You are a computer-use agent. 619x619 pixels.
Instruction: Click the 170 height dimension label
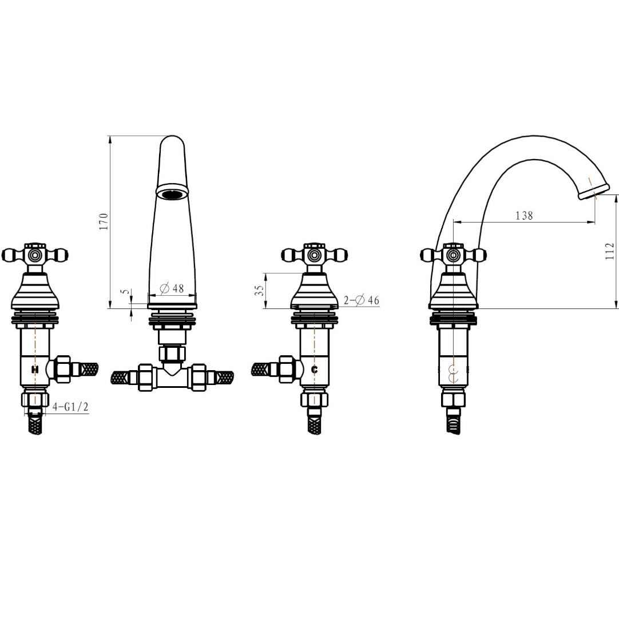pyautogui.click(x=104, y=222)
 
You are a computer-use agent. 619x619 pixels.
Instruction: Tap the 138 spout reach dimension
pyautogui.click(x=524, y=216)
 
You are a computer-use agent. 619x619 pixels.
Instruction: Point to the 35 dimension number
pyautogui.click(x=259, y=291)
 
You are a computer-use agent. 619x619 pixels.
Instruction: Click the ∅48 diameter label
pyautogui.click(x=172, y=288)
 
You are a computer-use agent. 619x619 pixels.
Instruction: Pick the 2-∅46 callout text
pyautogui.click(x=361, y=300)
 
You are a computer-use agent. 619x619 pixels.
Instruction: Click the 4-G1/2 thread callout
pyautogui.click(x=71, y=407)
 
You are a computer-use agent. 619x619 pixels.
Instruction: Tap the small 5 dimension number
pyautogui.click(x=126, y=292)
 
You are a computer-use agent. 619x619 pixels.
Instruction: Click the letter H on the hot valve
pyautogui.click(x=35, y=370)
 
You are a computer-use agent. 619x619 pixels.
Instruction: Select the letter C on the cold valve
pyautogui.click(x=314, y=370)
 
